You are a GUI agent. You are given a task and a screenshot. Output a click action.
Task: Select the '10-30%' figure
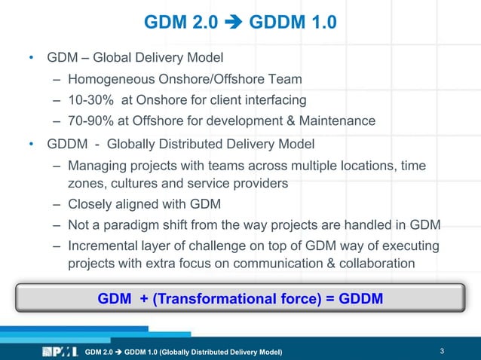(x=88, y=99)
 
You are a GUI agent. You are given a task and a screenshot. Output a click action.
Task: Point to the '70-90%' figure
(x=88, y=121)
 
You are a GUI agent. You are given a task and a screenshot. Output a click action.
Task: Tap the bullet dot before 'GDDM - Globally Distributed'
(x=31, y=144)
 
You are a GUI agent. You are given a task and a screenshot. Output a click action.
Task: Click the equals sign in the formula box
(x=329, y=299)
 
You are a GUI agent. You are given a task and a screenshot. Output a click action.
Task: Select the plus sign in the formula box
(x=143, y=299)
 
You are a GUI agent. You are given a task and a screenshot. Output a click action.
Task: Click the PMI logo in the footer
(x=60, y=351)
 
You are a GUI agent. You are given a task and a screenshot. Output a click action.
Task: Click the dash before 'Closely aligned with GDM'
(x=57, y=204)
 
